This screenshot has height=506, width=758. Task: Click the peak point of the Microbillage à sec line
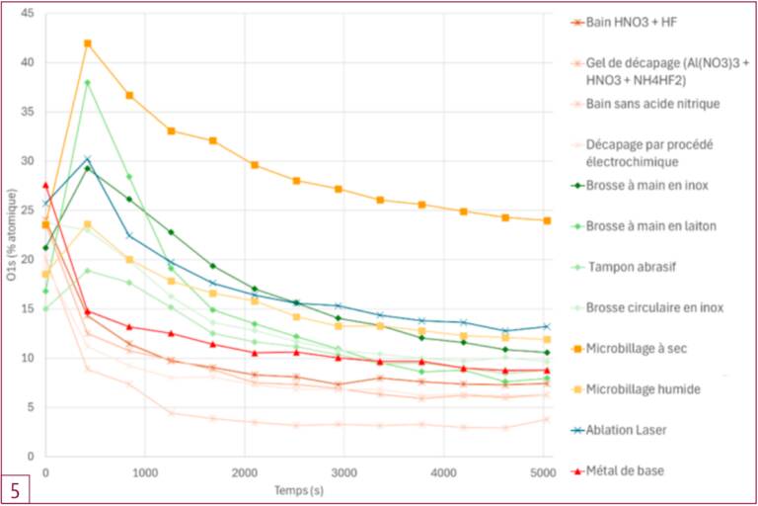coord(88,43)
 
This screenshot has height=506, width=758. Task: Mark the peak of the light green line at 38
coord(88,82)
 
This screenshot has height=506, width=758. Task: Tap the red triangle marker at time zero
coord(45,185)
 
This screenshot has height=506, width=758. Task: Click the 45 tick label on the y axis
coord(28,14)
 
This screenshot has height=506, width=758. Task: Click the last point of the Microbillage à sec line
coord(547,220)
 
